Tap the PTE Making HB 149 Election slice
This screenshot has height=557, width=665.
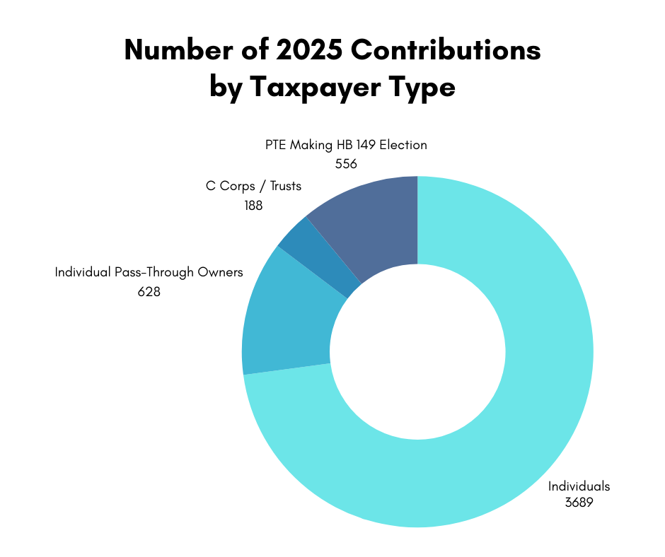[375, 219]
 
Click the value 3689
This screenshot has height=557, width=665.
[578, 503]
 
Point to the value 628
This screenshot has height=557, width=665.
[149, 291]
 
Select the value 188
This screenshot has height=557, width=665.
[253, 206]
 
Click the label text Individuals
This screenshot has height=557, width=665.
[579, 486]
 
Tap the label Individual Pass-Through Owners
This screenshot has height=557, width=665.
[149, 272]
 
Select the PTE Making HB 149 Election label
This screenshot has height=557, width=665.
[346, 145]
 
